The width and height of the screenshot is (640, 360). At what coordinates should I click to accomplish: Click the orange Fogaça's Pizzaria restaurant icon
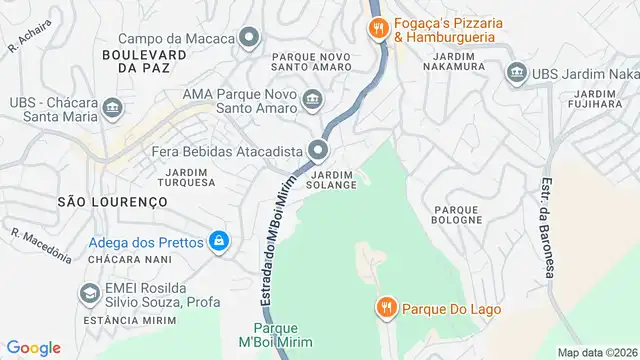[x=377, y=29]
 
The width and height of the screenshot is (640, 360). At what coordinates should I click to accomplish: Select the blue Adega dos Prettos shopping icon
[x=218, y=241]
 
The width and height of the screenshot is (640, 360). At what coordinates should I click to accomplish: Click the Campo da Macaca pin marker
[x=249, y=38]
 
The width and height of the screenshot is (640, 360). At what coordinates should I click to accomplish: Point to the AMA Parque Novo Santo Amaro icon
[x=314, y=98]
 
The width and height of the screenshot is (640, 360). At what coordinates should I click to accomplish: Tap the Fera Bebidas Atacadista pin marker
[x=319, y=151]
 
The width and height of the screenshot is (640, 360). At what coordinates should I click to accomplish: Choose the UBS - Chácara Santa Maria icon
[x=111, y=106]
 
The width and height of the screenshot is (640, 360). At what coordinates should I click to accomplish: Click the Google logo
[x=34, y=347]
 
